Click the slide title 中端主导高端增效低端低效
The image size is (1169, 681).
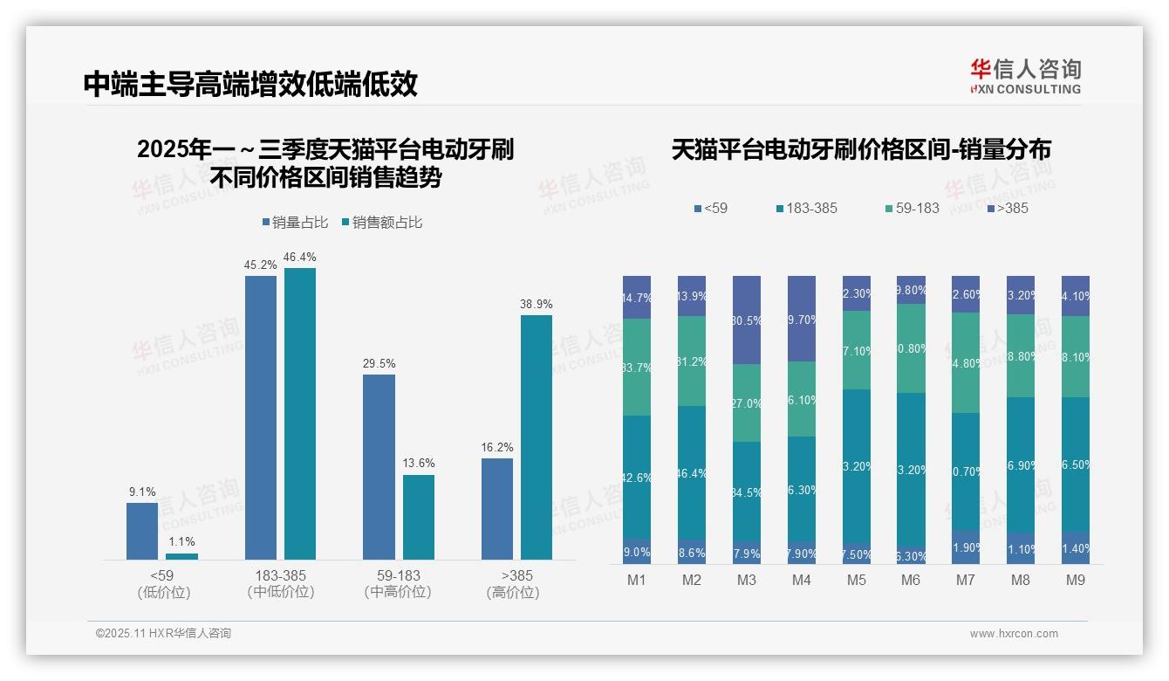(250, 84)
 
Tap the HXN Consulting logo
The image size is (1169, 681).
(1025, 77)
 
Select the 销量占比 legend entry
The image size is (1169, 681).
(295, 223)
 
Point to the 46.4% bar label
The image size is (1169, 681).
(300, 257)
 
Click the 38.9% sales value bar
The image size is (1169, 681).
(537, 437)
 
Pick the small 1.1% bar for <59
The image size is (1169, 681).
(181, 556)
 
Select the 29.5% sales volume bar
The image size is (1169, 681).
(379, 467)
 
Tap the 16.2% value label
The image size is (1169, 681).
(496, 447)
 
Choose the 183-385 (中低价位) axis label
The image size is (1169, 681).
(281, 584)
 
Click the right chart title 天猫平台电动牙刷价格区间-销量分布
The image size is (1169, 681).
(861, 149)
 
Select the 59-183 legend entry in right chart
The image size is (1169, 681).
(912, 208)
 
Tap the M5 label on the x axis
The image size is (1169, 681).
(857, 580)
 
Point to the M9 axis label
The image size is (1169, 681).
(1076, 580)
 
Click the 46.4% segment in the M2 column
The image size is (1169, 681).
(692, 473)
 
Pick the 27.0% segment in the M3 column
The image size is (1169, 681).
(747, 403)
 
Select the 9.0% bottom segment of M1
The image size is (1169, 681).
(637, 551)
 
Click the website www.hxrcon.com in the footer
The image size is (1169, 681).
(1014, 634)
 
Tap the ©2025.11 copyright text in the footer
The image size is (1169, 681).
(163, 634)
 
